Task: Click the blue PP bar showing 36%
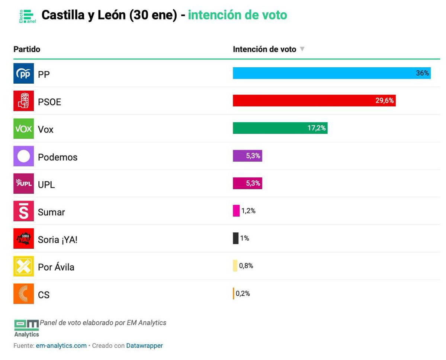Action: [331, 73]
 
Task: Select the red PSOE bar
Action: [314, 101]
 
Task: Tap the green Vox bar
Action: [280, 128]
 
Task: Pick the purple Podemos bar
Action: [247, 156]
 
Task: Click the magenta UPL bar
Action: [247, 183]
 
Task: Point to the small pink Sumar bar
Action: [236, 211]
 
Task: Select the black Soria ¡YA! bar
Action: [235, 238]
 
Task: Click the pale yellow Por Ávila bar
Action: [235, 266]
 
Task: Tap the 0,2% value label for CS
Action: [243, 293]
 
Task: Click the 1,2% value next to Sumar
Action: [248, 211]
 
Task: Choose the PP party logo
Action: [23, 74]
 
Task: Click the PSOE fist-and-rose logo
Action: [23, 101]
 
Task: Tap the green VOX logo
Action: [23, 129]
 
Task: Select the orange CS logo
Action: [23, 294]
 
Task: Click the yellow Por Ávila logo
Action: [23, 266]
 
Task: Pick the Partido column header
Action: [27, 49]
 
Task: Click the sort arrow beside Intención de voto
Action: [302, 49]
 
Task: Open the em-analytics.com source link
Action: [61, 345]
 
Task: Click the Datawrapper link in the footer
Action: [144, 345]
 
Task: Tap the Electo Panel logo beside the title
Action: [27, 16]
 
